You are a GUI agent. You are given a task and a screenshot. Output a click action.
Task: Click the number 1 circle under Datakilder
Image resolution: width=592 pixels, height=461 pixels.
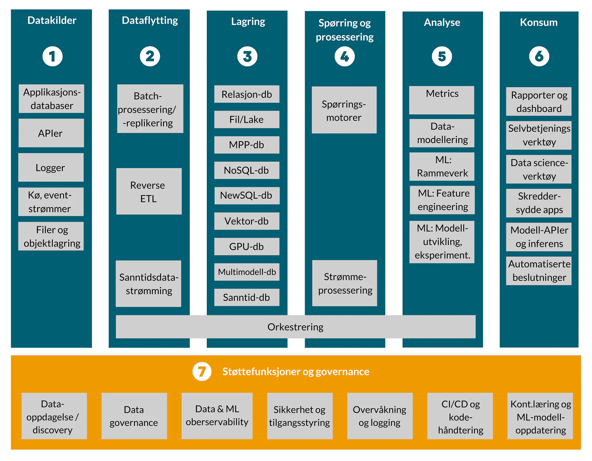52,56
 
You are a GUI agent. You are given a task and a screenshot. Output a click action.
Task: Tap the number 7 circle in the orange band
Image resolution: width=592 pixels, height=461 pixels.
202,371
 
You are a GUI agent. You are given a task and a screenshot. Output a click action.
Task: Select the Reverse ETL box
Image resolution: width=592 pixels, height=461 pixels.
149,192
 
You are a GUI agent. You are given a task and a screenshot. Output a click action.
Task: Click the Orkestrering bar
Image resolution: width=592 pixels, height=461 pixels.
295,327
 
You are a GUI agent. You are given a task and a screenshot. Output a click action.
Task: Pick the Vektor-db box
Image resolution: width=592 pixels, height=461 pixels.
247,221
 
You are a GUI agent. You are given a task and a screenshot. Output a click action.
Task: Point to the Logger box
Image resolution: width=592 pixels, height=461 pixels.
51,168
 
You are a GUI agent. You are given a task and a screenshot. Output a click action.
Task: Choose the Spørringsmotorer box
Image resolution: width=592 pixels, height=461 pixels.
344,110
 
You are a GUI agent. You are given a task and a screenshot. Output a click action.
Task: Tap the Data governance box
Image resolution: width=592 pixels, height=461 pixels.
134,416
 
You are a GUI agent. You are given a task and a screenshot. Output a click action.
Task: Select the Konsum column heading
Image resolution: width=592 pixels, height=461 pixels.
538,22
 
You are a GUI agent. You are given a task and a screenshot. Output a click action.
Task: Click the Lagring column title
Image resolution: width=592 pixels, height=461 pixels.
248,22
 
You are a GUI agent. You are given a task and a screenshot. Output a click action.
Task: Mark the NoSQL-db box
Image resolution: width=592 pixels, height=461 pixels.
247,170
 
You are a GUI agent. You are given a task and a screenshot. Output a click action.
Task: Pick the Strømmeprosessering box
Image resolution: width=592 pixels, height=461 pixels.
345,284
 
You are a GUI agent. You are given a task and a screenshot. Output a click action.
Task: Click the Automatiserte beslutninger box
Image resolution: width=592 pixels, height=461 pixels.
539,271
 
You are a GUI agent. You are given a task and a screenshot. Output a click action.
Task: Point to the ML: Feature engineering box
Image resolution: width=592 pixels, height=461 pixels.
442,200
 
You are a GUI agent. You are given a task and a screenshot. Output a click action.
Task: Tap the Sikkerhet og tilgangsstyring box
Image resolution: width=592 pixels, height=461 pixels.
300,416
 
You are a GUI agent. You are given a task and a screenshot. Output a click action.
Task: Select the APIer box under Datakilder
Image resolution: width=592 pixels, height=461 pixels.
51,133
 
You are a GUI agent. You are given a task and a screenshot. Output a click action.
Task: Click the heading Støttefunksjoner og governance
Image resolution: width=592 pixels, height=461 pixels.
296,371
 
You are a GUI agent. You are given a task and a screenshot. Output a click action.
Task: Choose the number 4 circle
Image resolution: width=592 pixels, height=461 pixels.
345,57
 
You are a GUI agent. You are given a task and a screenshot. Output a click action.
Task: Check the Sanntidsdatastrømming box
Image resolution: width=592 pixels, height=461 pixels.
148,284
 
